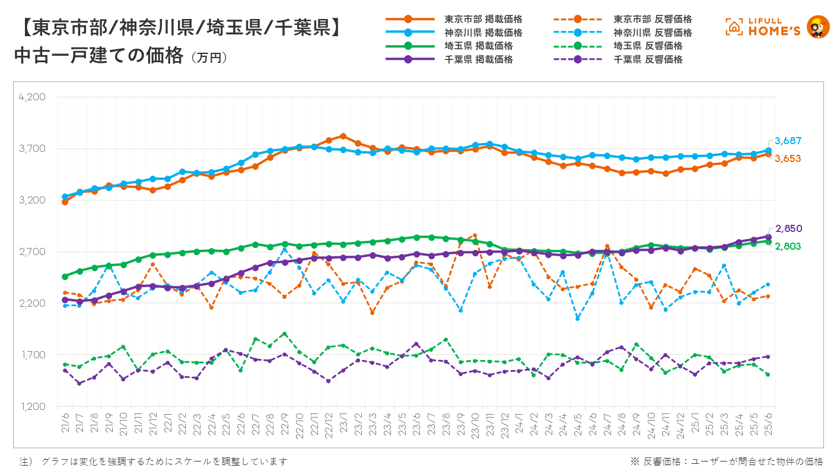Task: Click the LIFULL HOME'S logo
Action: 777,27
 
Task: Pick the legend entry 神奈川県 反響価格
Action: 653,33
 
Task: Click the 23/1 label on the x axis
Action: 343,423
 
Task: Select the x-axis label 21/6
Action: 64,423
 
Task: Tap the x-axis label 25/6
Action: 769,423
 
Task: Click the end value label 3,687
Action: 788,141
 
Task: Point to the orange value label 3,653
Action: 788,158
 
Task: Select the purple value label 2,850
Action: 788,228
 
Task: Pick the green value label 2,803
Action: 788,246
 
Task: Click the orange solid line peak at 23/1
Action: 343,136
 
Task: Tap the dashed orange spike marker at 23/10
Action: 475,235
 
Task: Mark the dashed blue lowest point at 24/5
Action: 577,319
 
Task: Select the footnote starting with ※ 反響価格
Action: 726,461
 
